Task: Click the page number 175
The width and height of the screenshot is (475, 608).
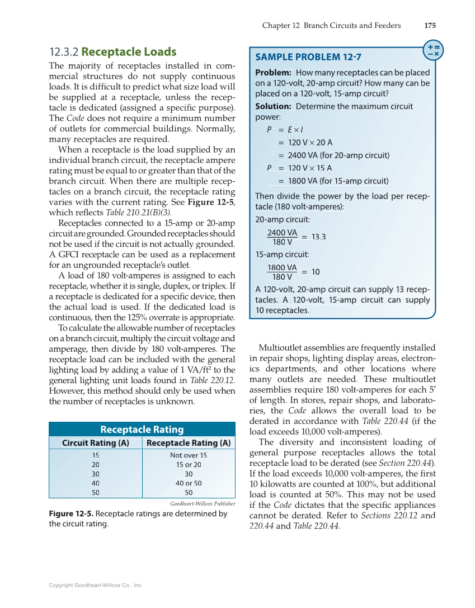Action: coord(430,25)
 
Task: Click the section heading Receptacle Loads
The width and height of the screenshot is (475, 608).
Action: coord(129,52)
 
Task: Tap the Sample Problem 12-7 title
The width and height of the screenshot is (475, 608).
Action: coord(308,57)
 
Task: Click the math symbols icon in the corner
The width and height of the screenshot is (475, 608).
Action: coord(432,49)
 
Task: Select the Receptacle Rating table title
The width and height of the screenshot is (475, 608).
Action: coord(142,430)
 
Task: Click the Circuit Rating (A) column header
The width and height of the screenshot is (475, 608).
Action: coord(95,443)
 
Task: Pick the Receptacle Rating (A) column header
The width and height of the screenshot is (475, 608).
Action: coord(188,443)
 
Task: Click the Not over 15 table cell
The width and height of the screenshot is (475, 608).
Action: coord(188,455)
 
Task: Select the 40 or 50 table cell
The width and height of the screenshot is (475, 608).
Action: coord(188,483)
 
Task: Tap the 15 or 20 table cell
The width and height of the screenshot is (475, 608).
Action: coord(188,465)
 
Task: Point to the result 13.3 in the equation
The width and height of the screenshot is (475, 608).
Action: coord(319,237)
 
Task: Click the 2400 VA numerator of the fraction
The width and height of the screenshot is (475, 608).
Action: coord(283,232)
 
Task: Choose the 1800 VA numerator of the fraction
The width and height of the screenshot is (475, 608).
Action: coord(283,267)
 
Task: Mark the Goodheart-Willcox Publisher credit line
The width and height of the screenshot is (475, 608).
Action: coord(202,504)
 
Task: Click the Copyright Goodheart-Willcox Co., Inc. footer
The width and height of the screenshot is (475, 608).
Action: coord(96,585)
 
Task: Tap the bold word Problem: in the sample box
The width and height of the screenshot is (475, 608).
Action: coord(273,73)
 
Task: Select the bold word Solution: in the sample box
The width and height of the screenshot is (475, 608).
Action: coord(273,106)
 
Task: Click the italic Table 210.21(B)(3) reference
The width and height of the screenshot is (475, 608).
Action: coord(138,213)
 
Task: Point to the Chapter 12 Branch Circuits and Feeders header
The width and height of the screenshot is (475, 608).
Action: coord(331,25)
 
